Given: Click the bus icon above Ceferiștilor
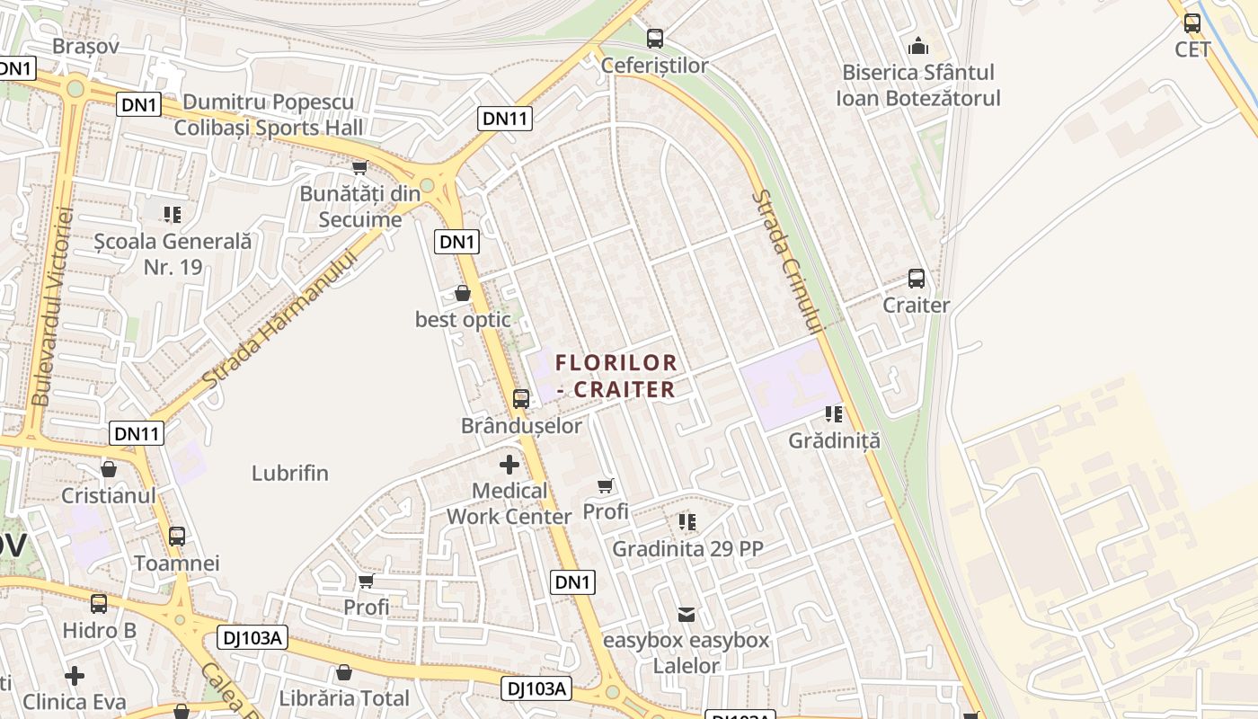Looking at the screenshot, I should coord(655,38).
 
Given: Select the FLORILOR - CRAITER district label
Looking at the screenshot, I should coord(616,376).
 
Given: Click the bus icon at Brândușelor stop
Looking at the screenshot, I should coord(520,398).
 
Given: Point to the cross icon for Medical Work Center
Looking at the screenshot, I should coord(509,465).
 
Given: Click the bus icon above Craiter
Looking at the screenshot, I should coord(916,279).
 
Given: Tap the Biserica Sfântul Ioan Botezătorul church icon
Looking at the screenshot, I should coord(918,45).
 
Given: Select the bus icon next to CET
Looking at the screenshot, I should coord(1192,23).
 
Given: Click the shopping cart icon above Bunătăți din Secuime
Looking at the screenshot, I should coord(359,167).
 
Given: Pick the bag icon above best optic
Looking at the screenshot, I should coord(463,293).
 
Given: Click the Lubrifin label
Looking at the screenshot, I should coord(290,473).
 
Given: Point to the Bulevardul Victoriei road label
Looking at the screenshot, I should coord(51,306).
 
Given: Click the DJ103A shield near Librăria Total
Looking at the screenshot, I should coord(536,688).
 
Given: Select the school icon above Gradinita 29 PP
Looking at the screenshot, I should coord(687,521).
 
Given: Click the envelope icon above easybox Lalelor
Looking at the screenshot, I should coord(687,614).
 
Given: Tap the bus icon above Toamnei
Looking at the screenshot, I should coord(177,537).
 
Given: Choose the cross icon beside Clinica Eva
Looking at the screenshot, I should coord(75,675).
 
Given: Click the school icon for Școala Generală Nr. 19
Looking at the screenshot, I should coord(172,214).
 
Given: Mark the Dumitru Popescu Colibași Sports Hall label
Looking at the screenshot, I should coord(269,115).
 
